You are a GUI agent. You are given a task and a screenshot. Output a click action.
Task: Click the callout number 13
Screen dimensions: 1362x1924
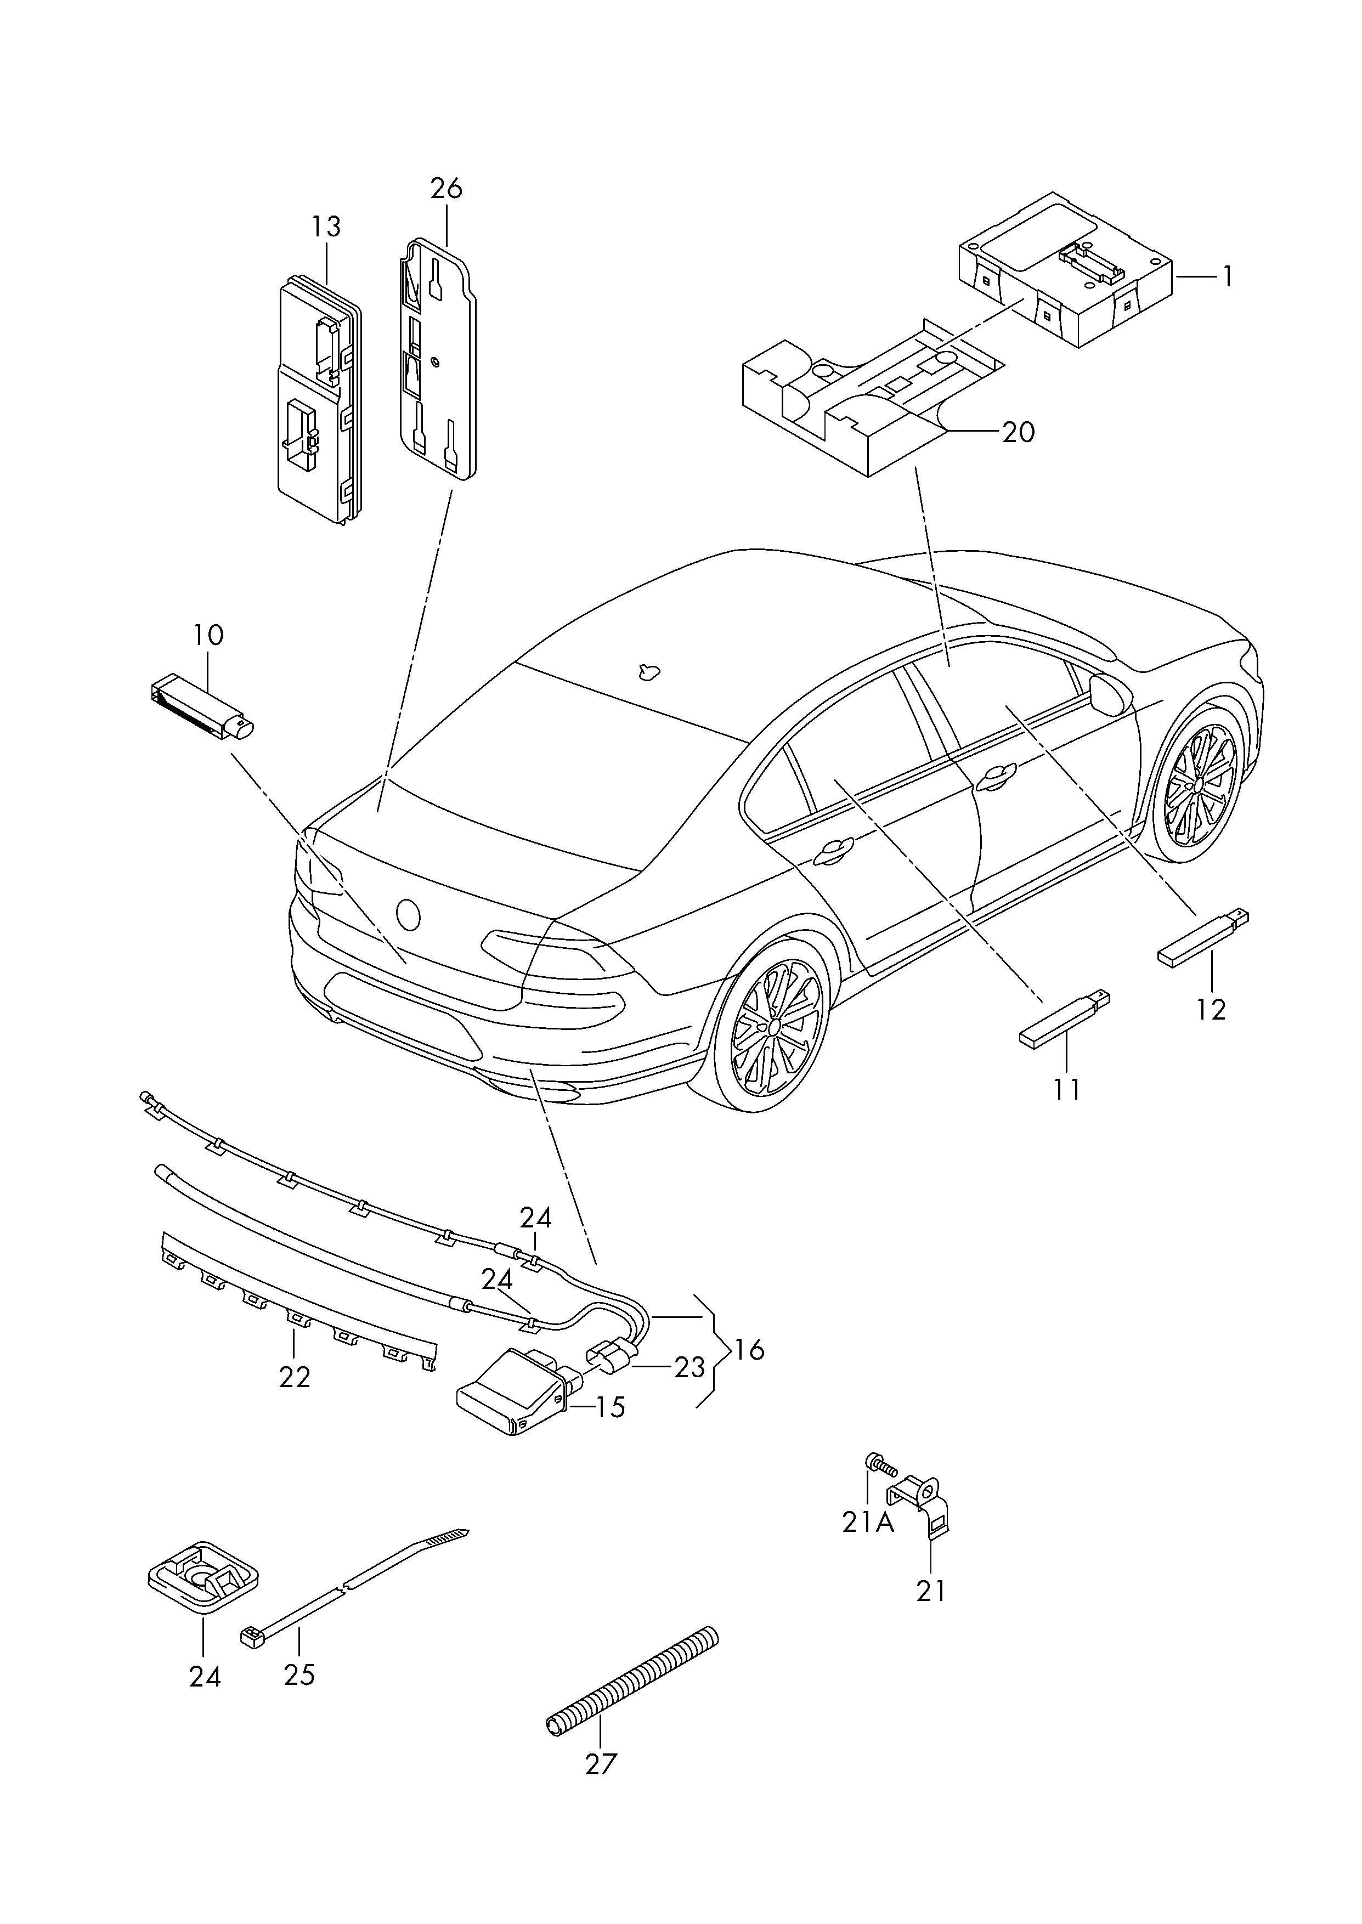coord(327,227)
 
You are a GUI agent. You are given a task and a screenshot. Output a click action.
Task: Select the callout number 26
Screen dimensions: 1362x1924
coord(446,189)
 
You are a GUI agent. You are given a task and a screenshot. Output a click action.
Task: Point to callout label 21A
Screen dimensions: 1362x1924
coord(868,1521)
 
